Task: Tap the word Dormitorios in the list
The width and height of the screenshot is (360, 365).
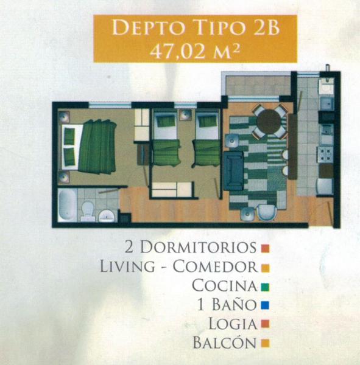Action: [x=198, y=247]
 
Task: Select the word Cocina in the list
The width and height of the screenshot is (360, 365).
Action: [x=225, y=285]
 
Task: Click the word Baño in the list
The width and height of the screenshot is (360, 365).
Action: [x=234, y=304]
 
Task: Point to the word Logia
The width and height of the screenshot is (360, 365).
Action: [x=233, y=324]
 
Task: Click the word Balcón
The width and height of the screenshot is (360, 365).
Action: [x=225, y=342]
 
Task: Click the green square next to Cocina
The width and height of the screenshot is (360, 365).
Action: [x=265, y=287]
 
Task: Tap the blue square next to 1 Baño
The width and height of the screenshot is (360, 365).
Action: [x=265, y=305]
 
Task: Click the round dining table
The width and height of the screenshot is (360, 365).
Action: [x=269, y=122]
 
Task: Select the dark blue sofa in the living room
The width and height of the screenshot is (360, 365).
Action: [x=234, y=170]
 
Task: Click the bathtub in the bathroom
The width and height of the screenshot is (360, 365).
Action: [x=67, y=205]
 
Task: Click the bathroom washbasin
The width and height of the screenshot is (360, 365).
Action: [x=107, y=216]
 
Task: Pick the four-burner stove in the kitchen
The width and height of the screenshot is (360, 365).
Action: [x=325, y=155]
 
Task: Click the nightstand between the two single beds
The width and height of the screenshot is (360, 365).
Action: [x=186, y=115]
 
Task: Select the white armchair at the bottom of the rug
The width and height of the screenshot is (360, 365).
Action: [x=267, y=212]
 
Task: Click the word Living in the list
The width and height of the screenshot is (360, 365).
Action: [x=127, y=266]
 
